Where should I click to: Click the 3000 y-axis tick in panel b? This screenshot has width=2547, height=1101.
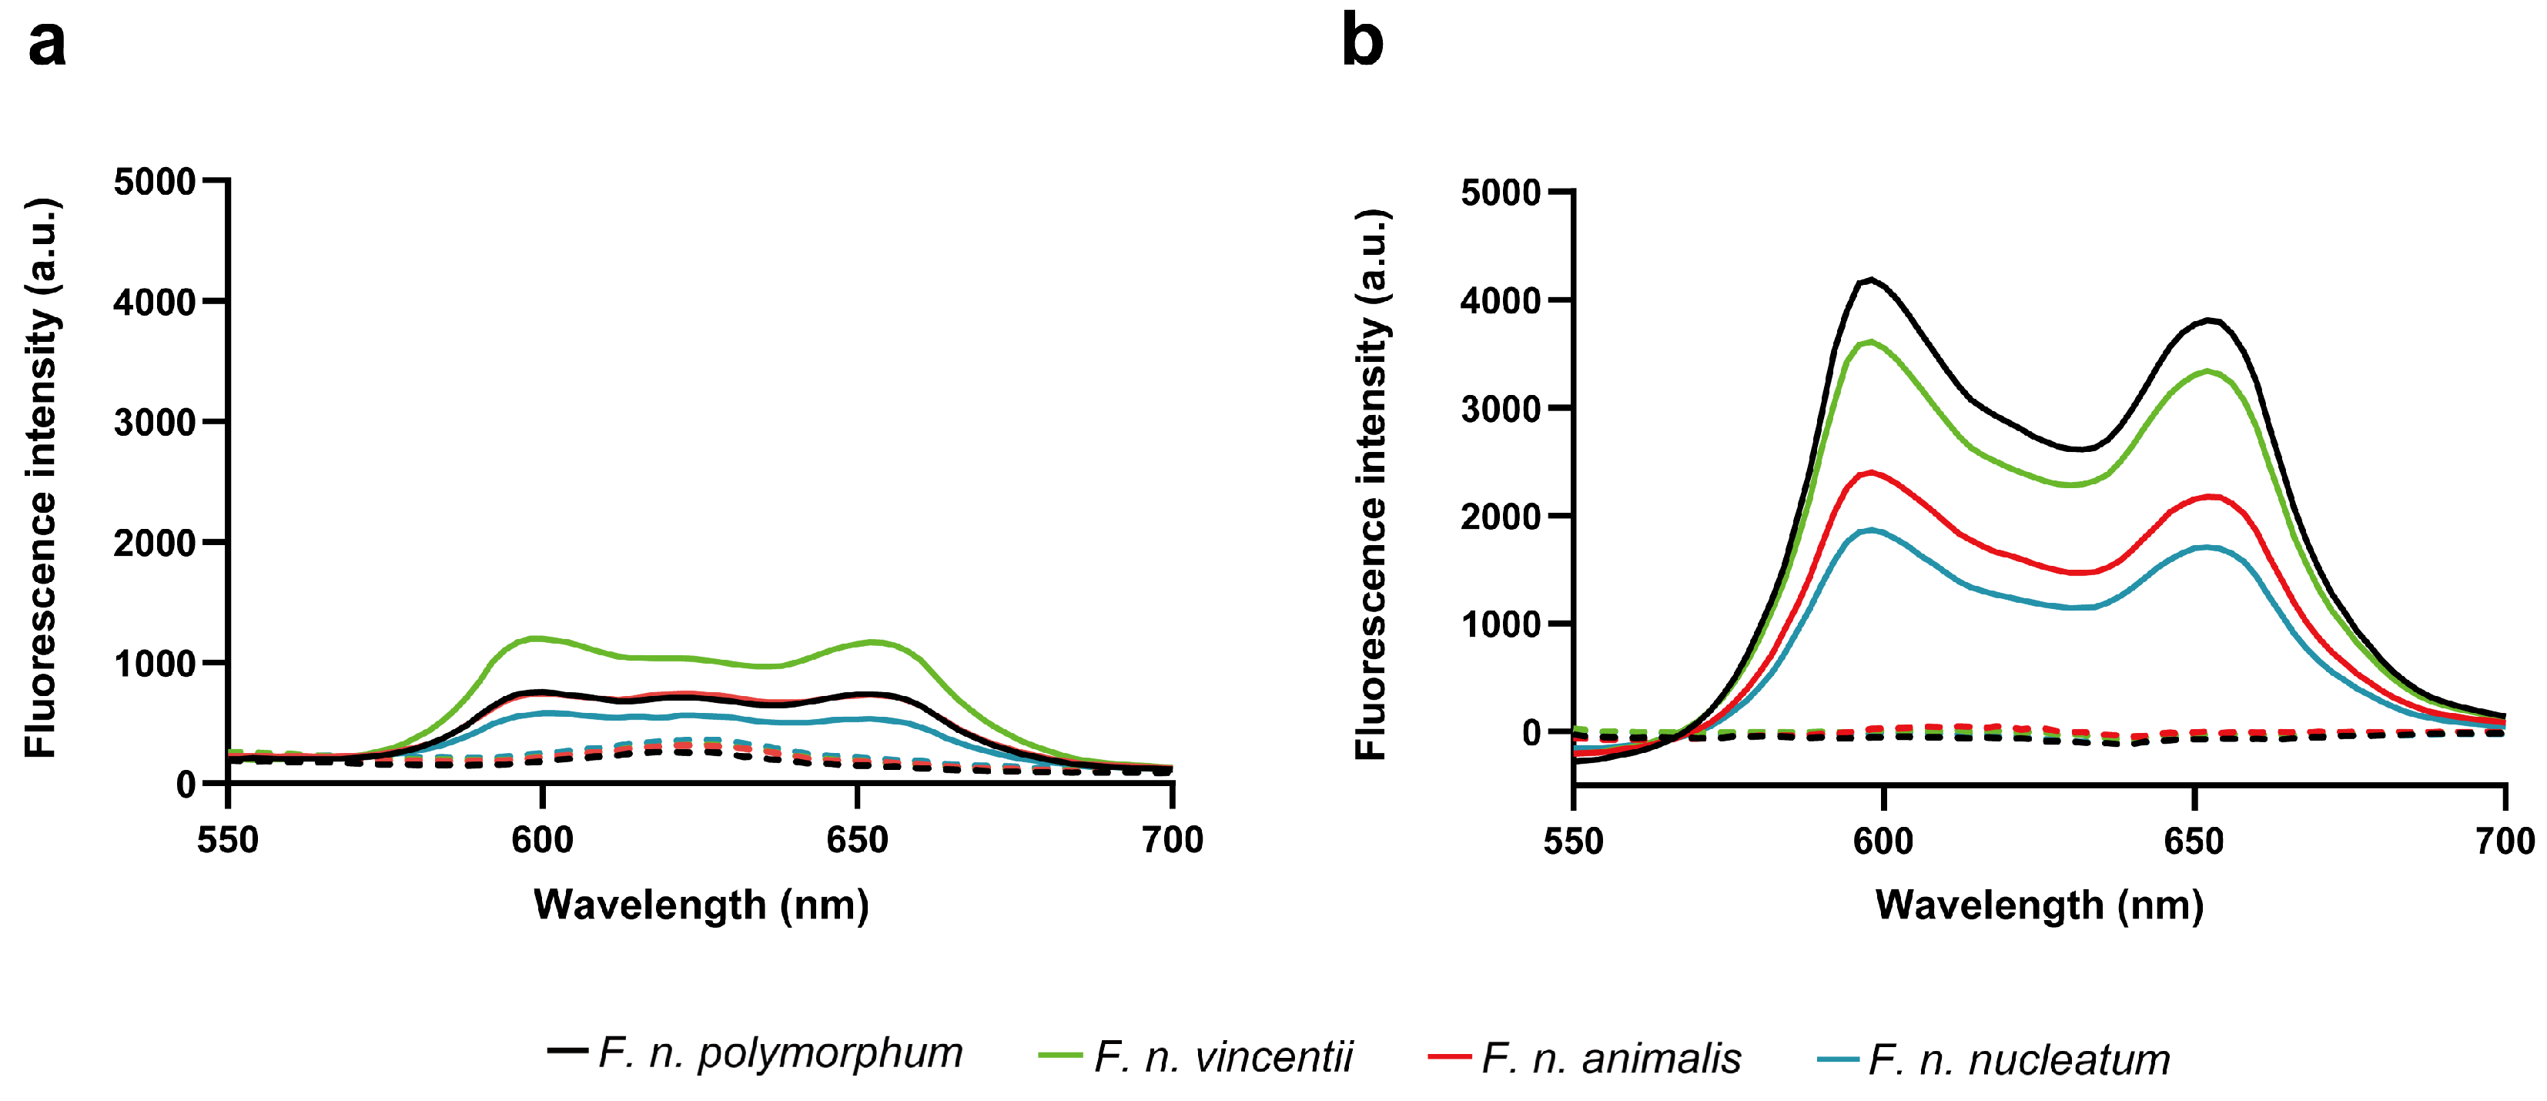pos(1500,408)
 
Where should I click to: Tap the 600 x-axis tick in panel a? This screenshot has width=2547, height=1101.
pos(542,840)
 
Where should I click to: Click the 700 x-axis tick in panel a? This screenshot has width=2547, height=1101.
pos(1172,840)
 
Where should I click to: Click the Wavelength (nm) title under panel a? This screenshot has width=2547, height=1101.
pos(701,905)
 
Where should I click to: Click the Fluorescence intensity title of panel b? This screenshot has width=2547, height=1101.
pos(1372,484)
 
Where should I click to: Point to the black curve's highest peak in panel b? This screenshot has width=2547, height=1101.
pos(1869,279)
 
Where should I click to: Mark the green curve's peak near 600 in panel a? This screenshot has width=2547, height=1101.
pos(537,638)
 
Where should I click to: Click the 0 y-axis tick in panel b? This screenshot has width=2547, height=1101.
pos(1531,732)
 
